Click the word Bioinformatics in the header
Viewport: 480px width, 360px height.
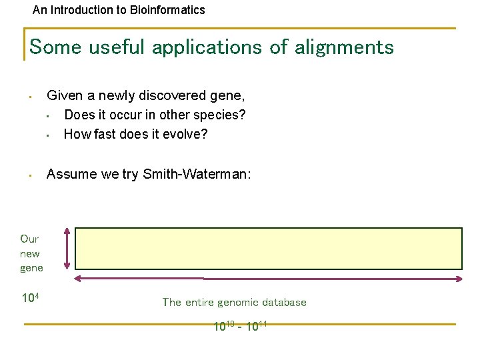pos(174,10)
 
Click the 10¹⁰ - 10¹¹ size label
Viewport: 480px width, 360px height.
pos(240,326)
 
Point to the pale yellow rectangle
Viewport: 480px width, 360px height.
pos(268,248)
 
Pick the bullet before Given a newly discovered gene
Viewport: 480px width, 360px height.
pos(31,97)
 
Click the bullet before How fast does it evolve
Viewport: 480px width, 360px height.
pos(49,135)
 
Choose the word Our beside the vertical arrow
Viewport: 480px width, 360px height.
pos(29,239)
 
